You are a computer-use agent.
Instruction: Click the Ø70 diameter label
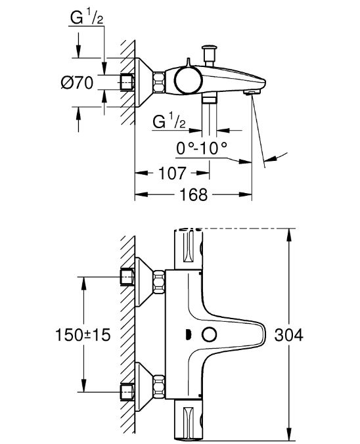click(x=77, y=83)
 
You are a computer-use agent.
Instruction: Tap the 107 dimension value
click(x=172, y=173)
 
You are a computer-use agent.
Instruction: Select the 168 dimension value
click(x=194, y=194)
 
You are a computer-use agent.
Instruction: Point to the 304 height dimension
click(x=288, y=335)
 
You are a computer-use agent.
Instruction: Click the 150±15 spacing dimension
click(x=82, y=335)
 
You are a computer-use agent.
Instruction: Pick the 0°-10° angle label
click(x=202, y=148)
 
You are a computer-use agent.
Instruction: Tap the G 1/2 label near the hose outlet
click(x=169, y=122)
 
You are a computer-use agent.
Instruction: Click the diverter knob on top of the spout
click(x=209, y=55)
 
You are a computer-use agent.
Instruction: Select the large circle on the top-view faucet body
click(x=188, y=80)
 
